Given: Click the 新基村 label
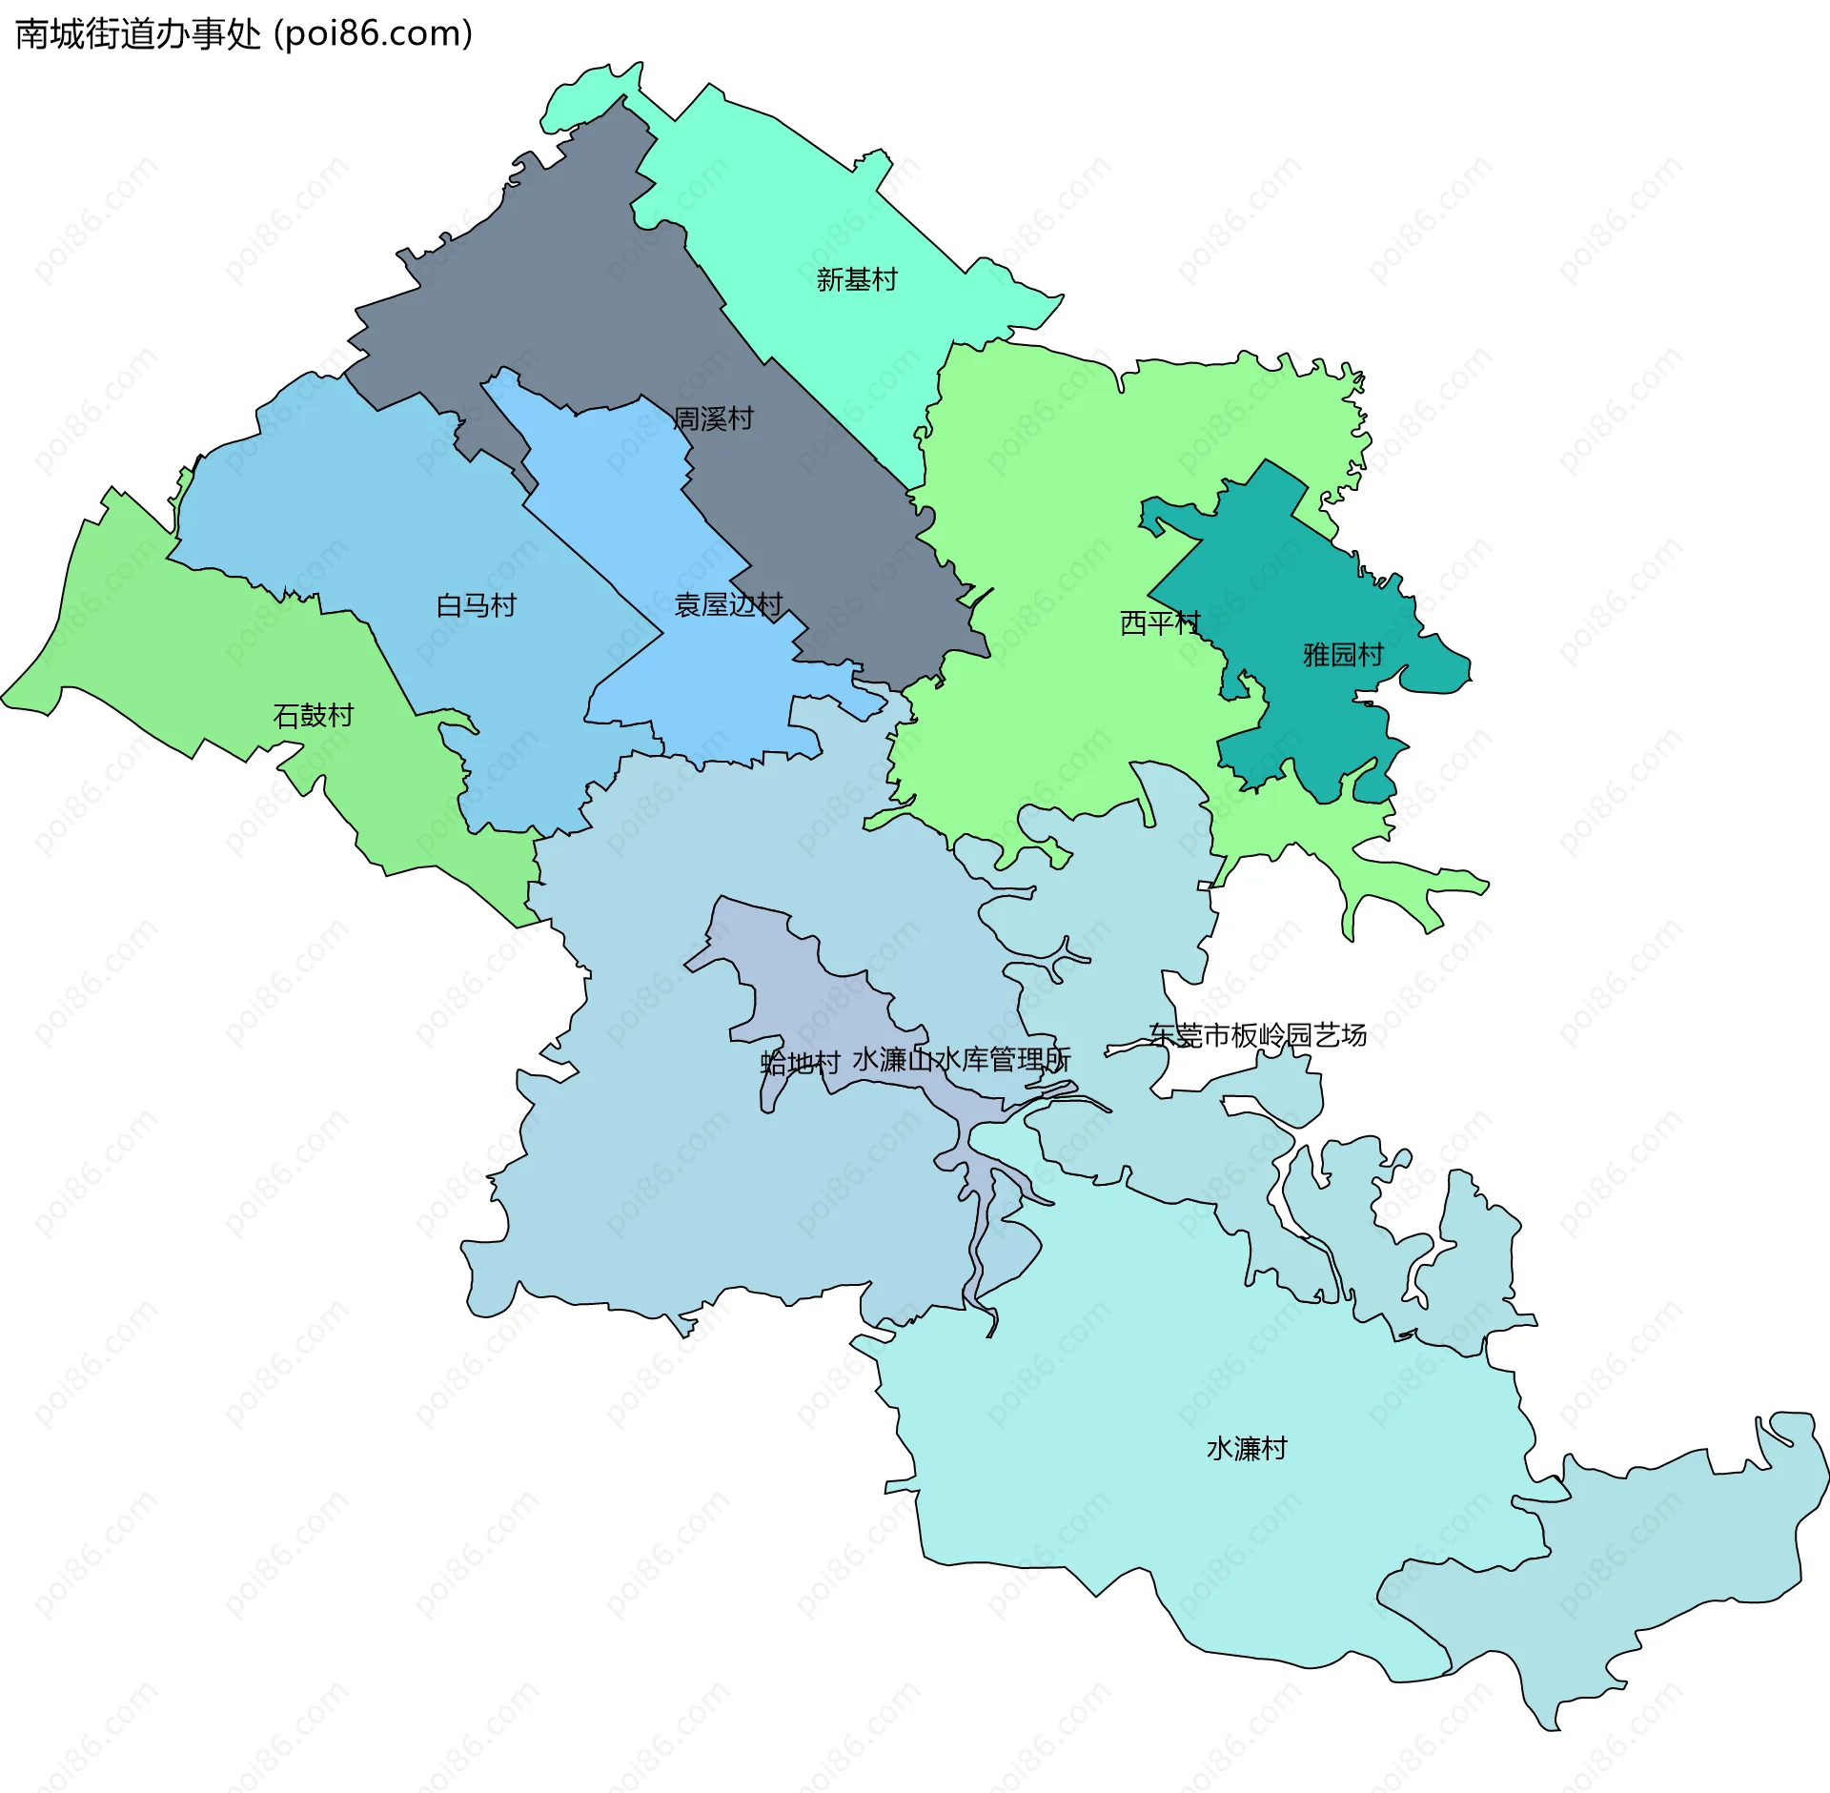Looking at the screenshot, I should point(856,279).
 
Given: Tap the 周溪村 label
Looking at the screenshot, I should point(713,418).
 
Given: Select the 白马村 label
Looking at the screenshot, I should point(476,605).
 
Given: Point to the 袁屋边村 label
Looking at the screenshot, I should point(728,604).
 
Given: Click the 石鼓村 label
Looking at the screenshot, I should point(313,715).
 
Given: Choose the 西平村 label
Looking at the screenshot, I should point(1159,622).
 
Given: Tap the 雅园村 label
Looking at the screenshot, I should point(1343,654).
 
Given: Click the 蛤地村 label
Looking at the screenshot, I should point(800,1062).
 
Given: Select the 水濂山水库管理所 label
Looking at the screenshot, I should point(961,1059).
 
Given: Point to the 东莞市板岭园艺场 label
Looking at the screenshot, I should point(1257,1034).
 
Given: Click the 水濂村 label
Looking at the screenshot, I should point(1247,1448).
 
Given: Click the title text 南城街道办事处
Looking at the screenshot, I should point(138,34).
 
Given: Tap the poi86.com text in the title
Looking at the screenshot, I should point(374,34).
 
